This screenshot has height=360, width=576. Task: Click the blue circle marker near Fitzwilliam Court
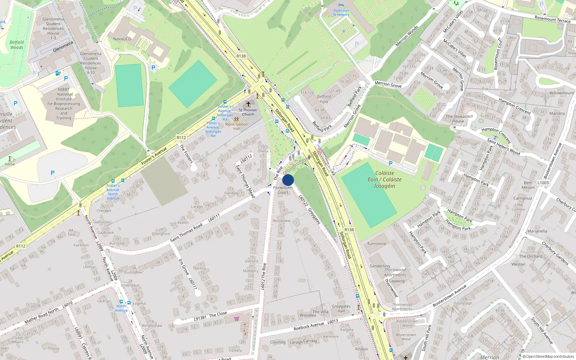click(x=288, y=180)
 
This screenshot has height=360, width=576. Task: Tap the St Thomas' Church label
click(x=248, y=112)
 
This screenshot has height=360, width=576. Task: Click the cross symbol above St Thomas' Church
click(x=248, y=104)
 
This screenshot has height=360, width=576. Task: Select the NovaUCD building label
click(x=122, y=39)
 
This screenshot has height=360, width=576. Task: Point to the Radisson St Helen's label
click(x=341, y=13)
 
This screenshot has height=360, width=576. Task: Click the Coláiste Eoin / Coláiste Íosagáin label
click(x=384, y=179)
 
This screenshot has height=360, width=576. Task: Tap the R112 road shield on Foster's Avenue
click(x=181, y=138)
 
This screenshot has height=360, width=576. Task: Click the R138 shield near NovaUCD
click(x=241, y=56)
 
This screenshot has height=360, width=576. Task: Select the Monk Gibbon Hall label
click(x=237, y=126)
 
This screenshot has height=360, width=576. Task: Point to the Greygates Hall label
click(x=341, y=309)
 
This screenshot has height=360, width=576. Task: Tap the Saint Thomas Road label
click(x=186, y=233)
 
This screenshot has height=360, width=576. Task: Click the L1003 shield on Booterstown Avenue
click(x=543, y=183)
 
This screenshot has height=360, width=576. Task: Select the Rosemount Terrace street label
click(x=552, y=19)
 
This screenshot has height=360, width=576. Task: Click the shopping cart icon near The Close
click(x=237, y=319)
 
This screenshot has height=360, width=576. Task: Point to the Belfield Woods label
click(x=17, y=45)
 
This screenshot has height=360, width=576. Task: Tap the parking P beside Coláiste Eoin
click(x=390, y=163)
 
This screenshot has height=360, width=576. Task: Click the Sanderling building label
click(x=380, y=266)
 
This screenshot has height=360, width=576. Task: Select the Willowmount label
click(x=562, y=93)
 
